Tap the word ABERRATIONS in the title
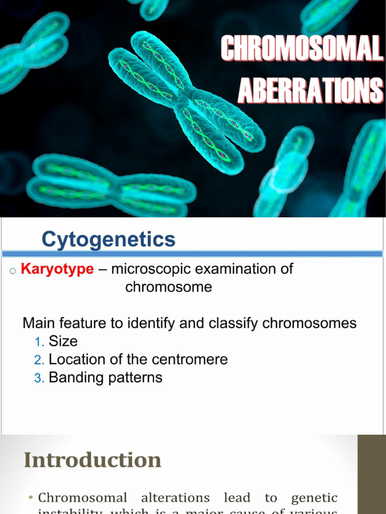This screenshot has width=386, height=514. point(310,90)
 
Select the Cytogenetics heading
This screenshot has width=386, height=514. point(108,239)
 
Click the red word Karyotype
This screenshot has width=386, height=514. point(57,269)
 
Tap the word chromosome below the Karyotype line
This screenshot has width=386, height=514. point(168,287)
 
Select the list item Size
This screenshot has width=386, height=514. point(63,341)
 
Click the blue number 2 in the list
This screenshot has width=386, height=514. point(39,360)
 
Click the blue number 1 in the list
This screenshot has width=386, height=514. point(39,342)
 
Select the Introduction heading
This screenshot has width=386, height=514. point(92,460)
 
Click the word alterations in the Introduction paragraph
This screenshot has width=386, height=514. point(175,497)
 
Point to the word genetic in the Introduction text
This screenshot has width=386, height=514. point(314,498)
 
